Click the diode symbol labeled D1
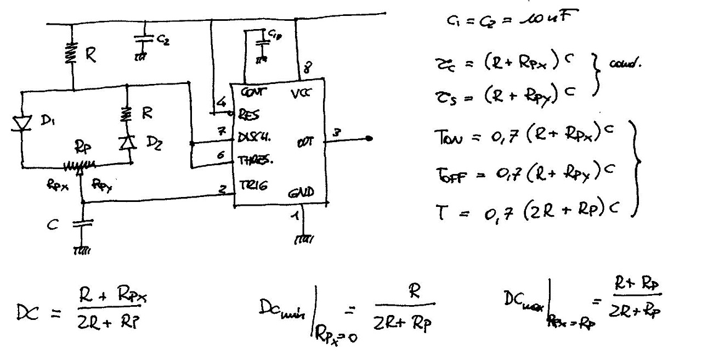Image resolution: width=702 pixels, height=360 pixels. pos(21,123)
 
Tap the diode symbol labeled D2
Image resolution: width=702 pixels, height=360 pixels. pos(127,143)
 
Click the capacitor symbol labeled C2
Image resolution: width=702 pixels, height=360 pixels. pos(144,40)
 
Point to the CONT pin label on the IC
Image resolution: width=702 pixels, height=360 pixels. pos(250,93)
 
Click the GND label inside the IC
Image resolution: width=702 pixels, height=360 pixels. pos(301,193)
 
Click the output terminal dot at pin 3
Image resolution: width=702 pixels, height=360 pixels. pos(371,138)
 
